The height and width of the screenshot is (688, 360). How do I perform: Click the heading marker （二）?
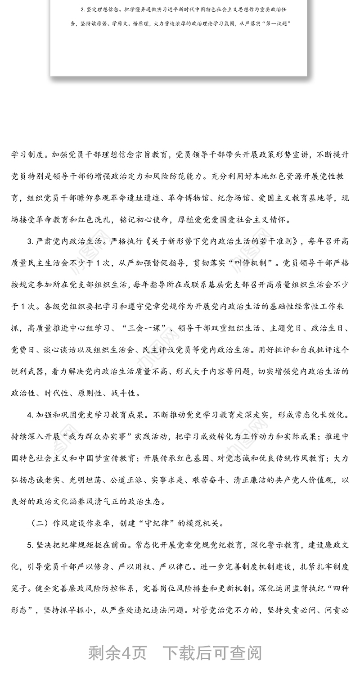point(40,523)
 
